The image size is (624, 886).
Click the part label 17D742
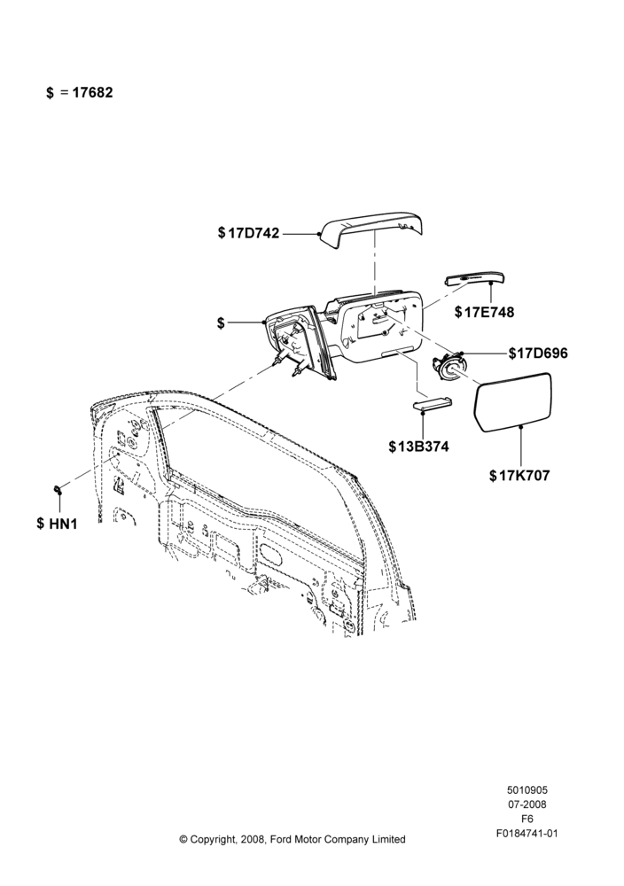pyautogui.click(x=253, y=233)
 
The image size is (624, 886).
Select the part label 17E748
pyautogui.click(x=489, y=312)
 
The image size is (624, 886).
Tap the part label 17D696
pyautogui.click(x=542, y=354)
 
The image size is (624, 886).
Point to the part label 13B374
pyautogui.click(x=423, y=447)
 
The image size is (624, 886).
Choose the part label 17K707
pyautogui.click(x=524, y=476)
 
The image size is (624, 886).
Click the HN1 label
pyautogui.click(x=63, y=524)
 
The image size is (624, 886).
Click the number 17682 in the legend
pyautogui.click(x=93, y=92)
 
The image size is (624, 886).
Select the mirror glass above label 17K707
pyautogui.click(x=512, y=402)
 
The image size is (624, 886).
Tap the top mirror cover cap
pyautogui.click(x=371, y=230)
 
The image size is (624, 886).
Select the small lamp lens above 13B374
pyautogui.click(x=433, y=403)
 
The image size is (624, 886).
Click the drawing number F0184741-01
pyautogui.click(x=527, y=834)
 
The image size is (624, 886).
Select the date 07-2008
pyautogui.click(x=527, y=804)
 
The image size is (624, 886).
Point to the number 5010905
pyautogui.click(x=527, y=790)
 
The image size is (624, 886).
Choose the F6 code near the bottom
pyautogui.click(x=526, y=819)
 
